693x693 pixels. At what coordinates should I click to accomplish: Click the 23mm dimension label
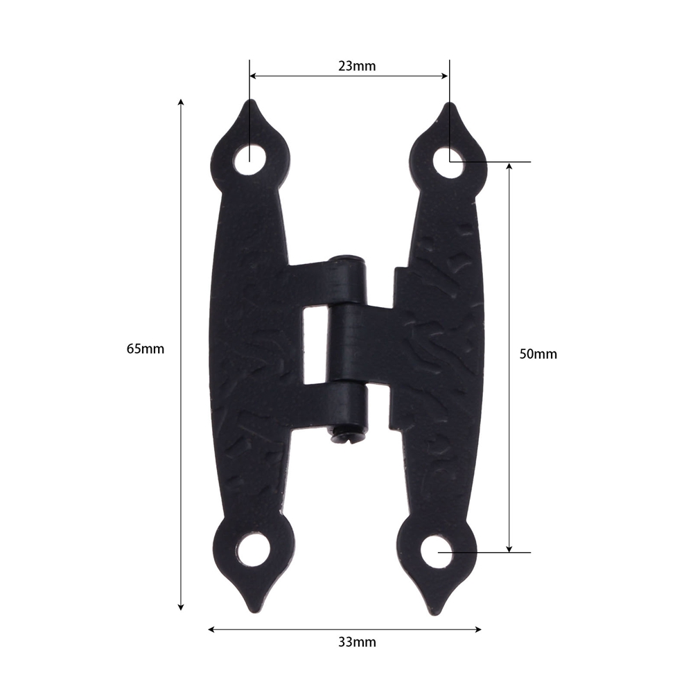357,66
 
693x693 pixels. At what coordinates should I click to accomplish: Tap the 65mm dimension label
146,349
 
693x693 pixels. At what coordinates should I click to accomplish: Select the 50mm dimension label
538,354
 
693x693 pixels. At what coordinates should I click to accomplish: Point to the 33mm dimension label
357,642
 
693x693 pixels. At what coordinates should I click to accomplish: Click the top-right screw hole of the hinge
449,162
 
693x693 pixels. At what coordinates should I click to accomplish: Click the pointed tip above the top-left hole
250,100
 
